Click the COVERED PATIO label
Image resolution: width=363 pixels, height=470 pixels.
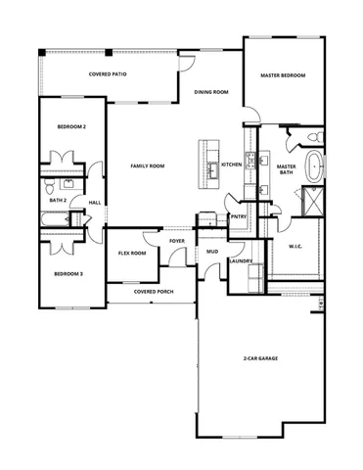108,74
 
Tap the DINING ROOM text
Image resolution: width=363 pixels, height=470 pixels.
210,92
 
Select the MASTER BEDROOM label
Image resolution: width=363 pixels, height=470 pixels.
282,75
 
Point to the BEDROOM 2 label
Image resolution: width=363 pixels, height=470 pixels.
71,127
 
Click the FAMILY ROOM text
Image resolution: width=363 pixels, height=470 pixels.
147,166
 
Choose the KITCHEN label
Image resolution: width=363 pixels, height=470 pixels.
231,164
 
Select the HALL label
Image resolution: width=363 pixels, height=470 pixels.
95,203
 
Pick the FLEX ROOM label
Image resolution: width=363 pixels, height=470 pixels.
132,253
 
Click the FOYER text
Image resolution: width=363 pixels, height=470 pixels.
177,240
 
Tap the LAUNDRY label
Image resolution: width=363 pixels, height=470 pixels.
241,261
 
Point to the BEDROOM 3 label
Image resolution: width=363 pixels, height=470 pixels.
68,274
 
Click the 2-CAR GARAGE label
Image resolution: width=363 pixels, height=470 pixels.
260,359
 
